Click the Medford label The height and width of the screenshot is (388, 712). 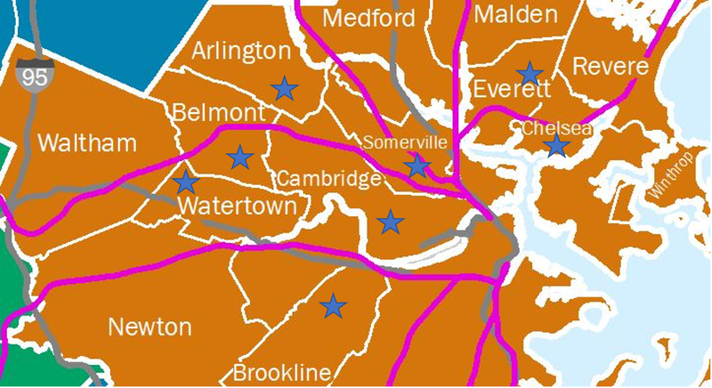(x=369, y=19)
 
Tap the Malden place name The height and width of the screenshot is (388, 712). (x=516, y=13)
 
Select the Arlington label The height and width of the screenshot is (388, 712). (x=241, y=51)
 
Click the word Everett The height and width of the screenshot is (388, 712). (x=512, y=90)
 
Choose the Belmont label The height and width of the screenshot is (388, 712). (x=218, y=113)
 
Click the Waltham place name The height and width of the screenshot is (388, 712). (x=88, y=143)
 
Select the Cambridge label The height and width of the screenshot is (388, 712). (x=328, y=179)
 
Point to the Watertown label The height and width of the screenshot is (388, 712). (x=237, y=206)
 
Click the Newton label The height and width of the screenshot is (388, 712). (x=150, y=327)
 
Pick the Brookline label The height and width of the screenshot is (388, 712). (x=281, y=372)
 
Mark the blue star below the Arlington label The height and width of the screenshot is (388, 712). (x=284, y=87)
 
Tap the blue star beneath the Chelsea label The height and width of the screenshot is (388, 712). (x=556, y=145)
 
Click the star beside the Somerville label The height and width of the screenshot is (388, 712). (x=417, y=165)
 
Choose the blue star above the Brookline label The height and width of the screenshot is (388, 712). (x=333, y=306)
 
